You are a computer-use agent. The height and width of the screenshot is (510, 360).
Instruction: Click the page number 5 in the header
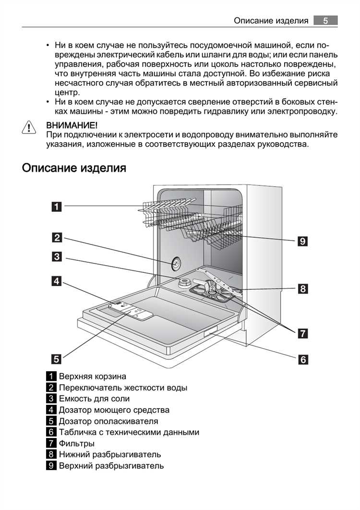click(x=325, y=20)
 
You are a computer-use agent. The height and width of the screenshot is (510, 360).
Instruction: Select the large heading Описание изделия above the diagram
click(x=74, y=168)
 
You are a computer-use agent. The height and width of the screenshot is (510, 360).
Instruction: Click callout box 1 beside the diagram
click(x=57, y=207)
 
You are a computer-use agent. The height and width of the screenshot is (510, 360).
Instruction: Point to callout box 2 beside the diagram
click(x=57, y=237)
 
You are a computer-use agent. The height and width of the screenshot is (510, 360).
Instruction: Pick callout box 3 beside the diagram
click(x=57, y=257)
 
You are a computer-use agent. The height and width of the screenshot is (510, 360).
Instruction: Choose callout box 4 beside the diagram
click(x=57, y=281)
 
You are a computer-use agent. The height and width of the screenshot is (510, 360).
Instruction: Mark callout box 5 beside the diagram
click(x=57, y=358)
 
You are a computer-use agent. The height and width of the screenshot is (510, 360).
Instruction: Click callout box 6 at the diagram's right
click(x=302, y=359)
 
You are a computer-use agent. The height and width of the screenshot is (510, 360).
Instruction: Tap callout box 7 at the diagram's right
click(x=302, y=333)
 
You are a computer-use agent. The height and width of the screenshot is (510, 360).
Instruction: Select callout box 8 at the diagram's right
click(x=302, y=289)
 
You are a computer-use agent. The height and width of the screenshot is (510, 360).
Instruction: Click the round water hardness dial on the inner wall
click(x=176, y=263)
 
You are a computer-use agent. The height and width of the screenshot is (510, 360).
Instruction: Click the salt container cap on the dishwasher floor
click(x=183, y=284)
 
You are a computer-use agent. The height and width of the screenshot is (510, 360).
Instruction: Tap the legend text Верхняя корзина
click(x=92, y=376)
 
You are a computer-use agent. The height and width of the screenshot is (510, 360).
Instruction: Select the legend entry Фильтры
click(x=76, y=443)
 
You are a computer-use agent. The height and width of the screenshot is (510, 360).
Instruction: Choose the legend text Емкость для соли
click(x=94, y=399)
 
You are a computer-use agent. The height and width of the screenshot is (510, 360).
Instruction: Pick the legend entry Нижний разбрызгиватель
click(x=110, y=454)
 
